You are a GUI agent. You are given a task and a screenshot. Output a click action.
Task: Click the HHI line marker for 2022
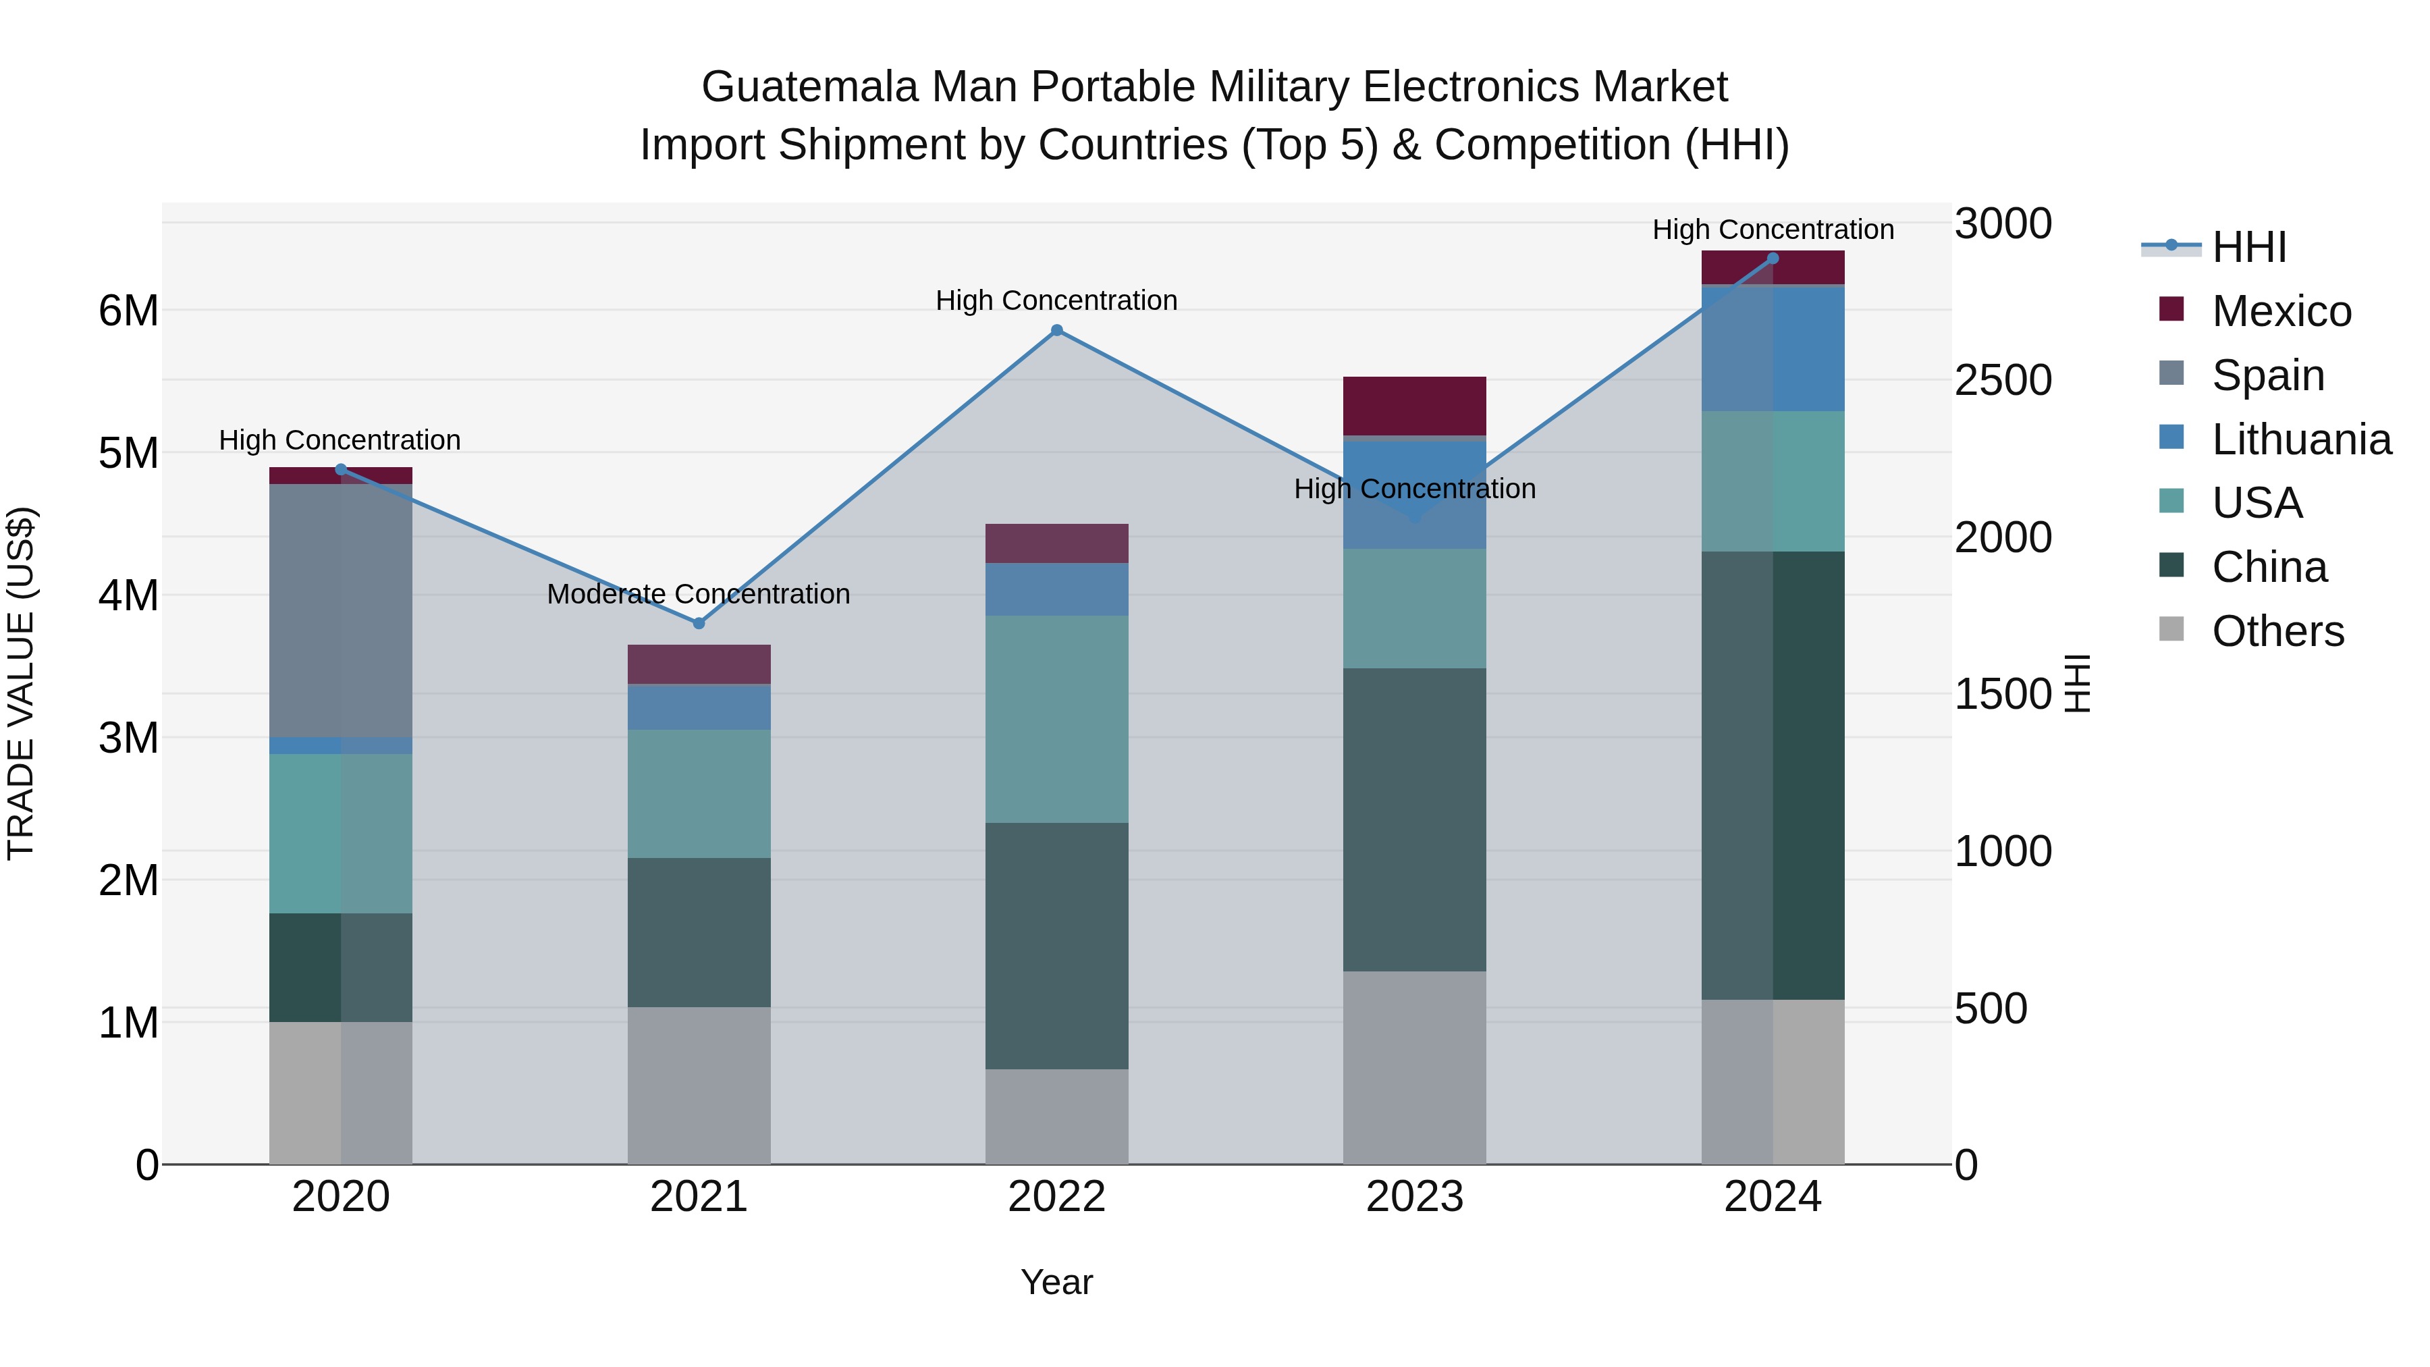point(1056,330)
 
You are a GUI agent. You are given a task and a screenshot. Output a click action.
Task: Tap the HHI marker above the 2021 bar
point(699,624)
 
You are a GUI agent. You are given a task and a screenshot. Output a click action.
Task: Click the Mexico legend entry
point(2281,311)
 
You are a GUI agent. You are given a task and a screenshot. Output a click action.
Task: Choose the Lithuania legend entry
point(2301,439)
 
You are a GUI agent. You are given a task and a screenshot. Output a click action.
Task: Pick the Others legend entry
point(2277,631)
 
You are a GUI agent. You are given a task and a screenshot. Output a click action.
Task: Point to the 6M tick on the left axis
point(128,311)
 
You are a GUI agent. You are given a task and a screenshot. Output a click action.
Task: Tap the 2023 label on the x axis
point(1414,1197)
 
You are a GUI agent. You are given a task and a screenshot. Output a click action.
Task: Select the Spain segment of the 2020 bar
point(341,610)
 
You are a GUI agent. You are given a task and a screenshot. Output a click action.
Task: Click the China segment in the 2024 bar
point(1773,776)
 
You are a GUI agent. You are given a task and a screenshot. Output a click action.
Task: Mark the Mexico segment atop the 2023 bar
point(1414,406)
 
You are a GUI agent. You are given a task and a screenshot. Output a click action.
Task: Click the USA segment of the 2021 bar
point(699,793)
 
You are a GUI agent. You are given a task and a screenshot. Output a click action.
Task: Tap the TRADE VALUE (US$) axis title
point(21,683)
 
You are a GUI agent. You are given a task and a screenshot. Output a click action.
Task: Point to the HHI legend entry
point(2249,247)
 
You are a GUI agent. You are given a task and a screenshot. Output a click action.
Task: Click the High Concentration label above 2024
point(1773,230)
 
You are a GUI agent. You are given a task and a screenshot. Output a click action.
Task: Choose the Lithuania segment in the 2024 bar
point(1773,348)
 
